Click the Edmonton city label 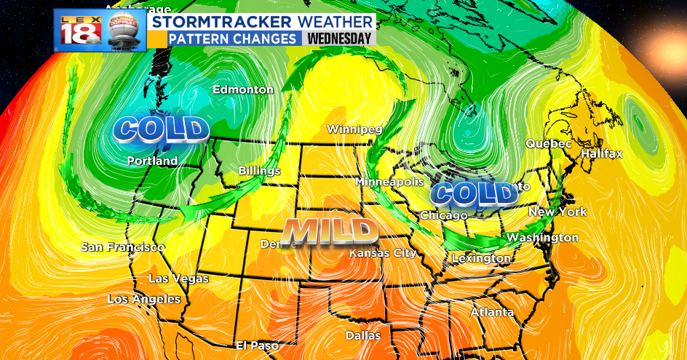[x=243, y=90]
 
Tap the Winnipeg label [x=354, y=129]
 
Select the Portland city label [x=152, y=161]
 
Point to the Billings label [x=259, y=171]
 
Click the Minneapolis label [x=390, y=181]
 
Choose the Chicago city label [x=443, y=216]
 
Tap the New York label [x=557, y=212]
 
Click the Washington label [x=542, y=238]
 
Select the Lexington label [x=481, y=258]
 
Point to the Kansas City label [x=383, y=253]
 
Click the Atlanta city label [x=492, y=313]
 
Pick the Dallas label [x=363, y=336]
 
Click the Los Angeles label [x=144, y=299]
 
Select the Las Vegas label [x=178, y=279]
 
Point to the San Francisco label [x=122, y=247]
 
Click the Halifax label [x=602, y=154]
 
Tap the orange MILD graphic [x=330, y=231]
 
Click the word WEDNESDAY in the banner [x=338, y=39]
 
